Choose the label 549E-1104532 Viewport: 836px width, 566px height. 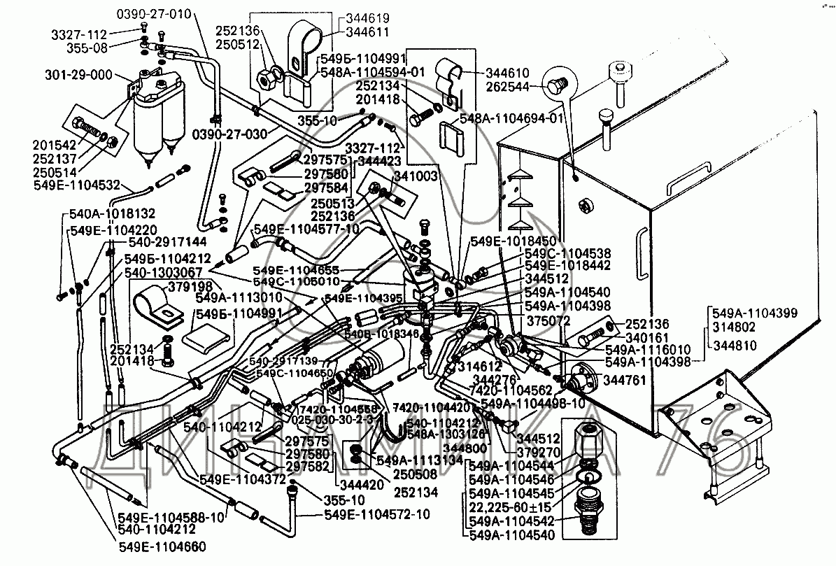coord(78,185)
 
